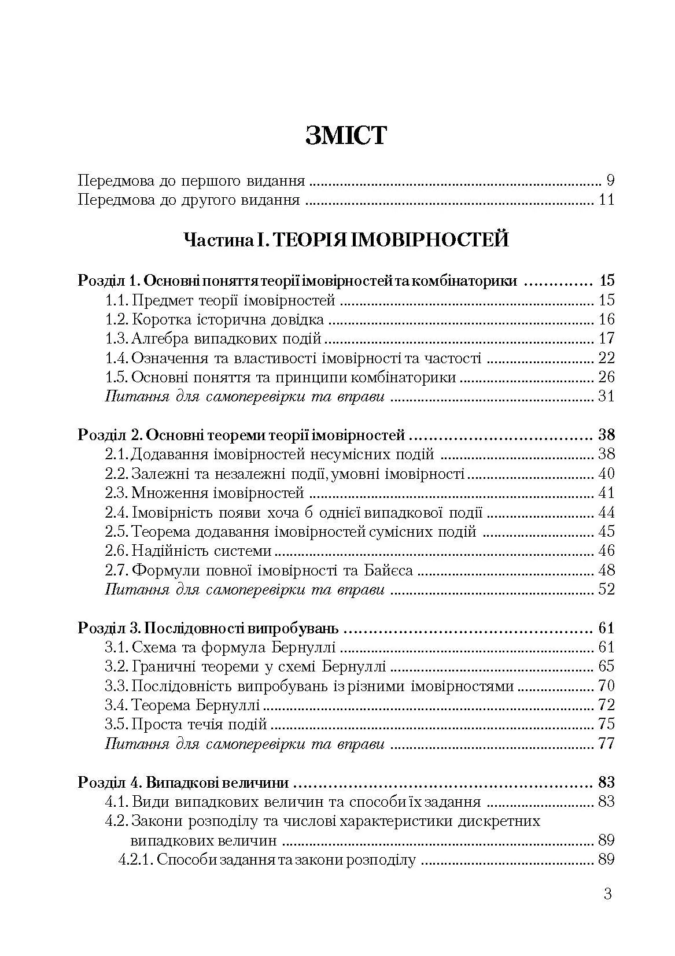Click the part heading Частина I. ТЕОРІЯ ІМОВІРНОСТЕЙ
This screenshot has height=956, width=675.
pyautogui.click(x=346, y=239)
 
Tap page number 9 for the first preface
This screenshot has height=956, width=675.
pyautogui.click(x=610, y=181)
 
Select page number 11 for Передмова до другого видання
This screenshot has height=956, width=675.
pyautogui.click(x=605, y=201)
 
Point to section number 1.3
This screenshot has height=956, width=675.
pyautogui.click(x=117, y=339)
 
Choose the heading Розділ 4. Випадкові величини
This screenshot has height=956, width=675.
pyautogui.click(x=183, y=783)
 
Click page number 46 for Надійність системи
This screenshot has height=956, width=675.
pyautogui.click(x=605, y=551)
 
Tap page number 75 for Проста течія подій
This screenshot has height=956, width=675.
pyautogui.click(x=605, y=724)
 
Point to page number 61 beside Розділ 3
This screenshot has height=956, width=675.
pyautogui.click(x=605, y=628)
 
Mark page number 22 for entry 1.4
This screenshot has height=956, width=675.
pyautogui.click(x=605, y=359)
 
